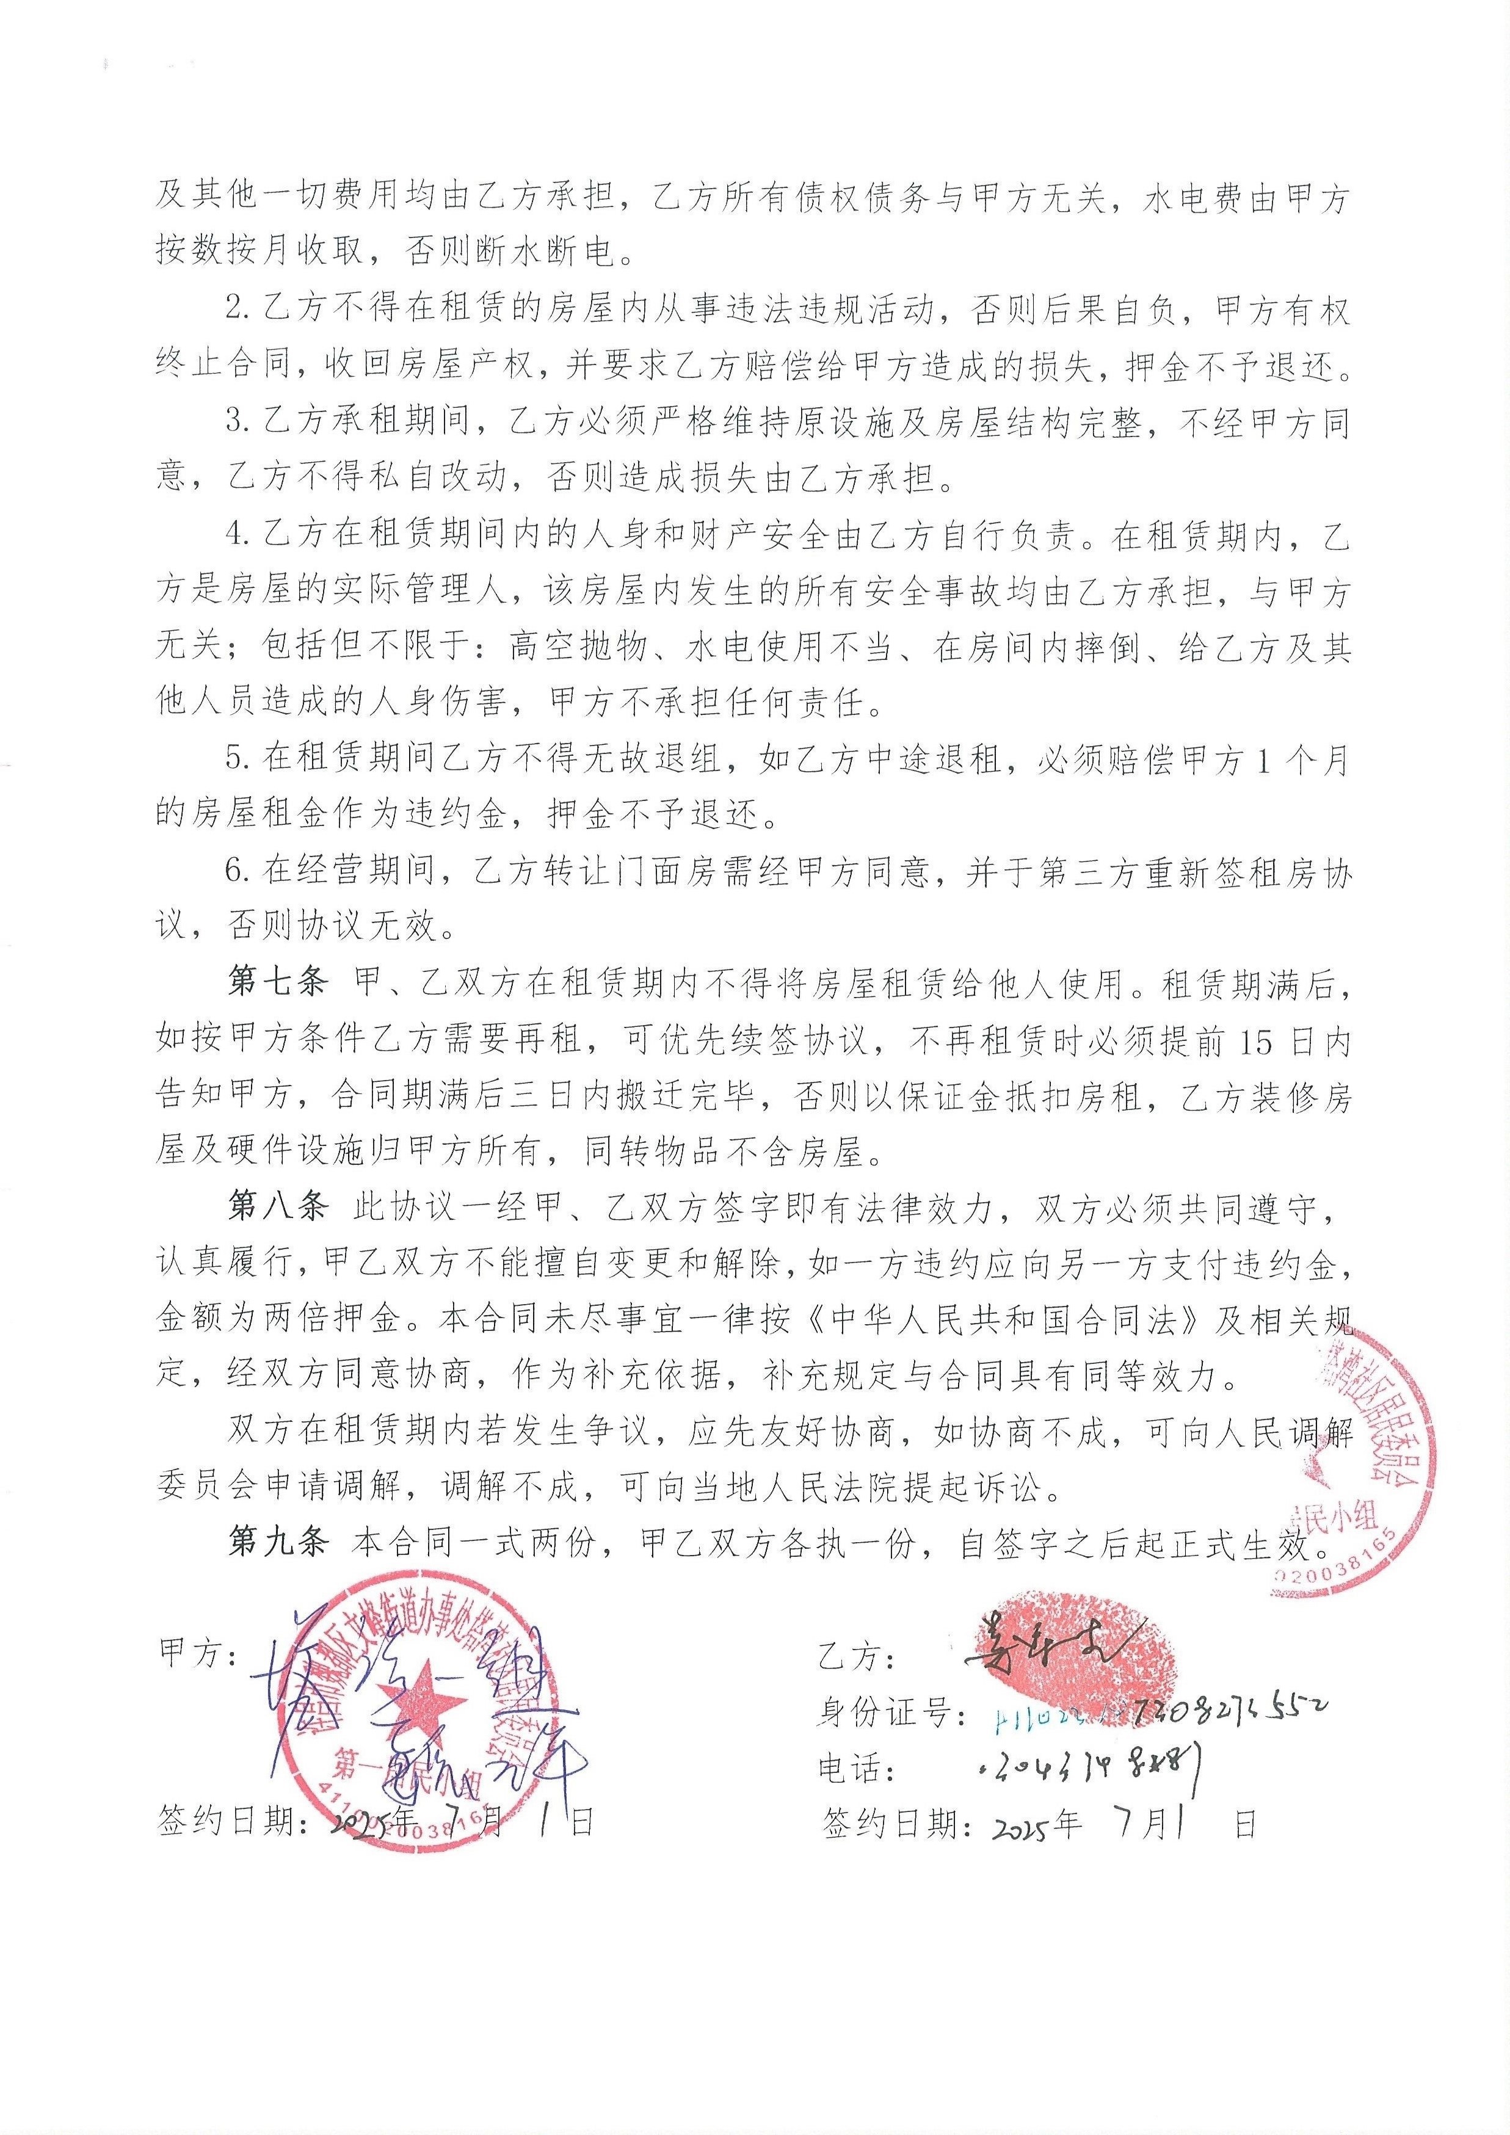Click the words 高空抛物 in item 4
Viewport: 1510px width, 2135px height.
[576, 647]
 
